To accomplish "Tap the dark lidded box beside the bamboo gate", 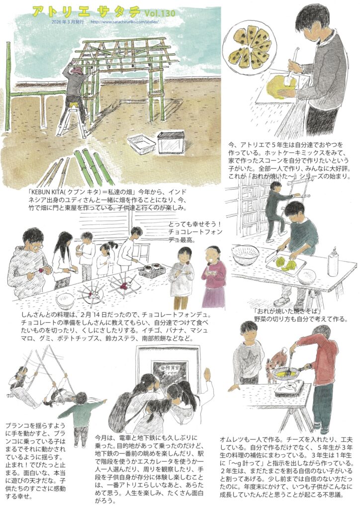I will [171, 142].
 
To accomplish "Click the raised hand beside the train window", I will [207, 374].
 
